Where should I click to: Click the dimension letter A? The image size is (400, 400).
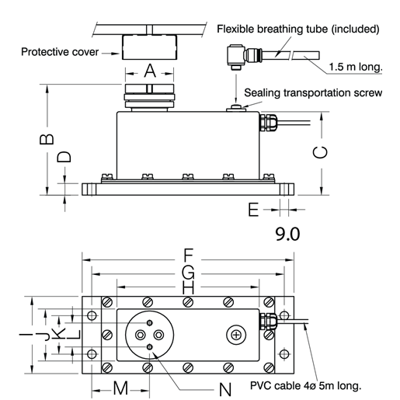[x=150, y=71]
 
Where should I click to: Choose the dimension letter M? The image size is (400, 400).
[x=119, y=387]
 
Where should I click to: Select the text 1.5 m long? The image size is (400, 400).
[x=355, y=68]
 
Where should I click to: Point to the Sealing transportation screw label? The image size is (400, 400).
[x=311, y=92]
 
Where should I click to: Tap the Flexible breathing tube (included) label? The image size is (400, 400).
[x=298, y=30]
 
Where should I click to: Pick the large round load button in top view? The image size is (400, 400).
[x=149, y=334]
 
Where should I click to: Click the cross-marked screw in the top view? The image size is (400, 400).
[x=235, y=334]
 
